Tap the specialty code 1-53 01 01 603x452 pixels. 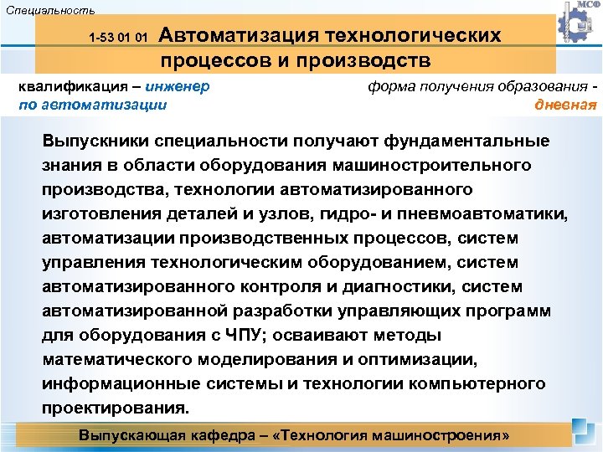click(x=119, y=38)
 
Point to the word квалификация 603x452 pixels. click(x=73, y=86)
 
